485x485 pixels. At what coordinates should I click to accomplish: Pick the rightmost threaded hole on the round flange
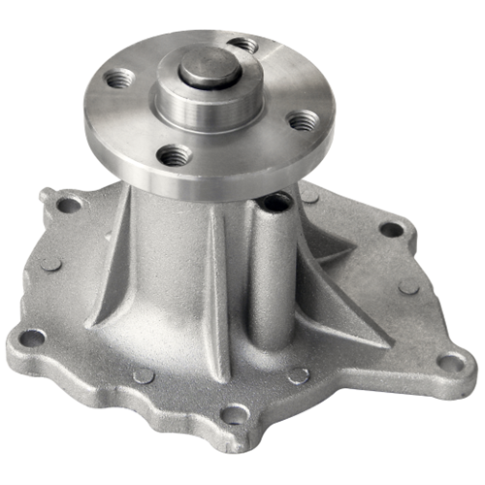pos(305,120)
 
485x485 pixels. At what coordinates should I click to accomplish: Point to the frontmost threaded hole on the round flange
pos(176,154)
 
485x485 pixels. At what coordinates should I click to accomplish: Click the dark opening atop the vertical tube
pos(275,204)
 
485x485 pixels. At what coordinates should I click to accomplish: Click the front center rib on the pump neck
pos(215,291)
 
